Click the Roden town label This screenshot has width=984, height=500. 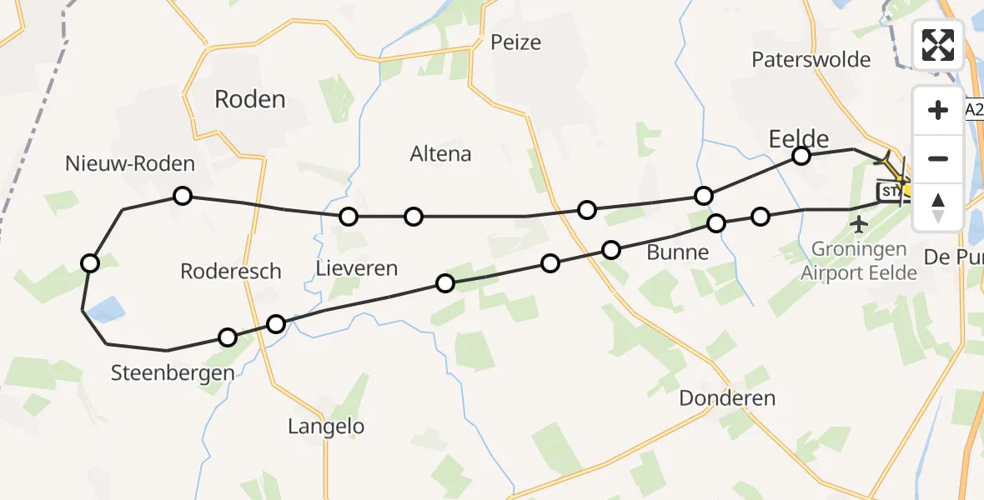point(249,100)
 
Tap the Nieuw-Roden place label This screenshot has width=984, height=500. point(130,163)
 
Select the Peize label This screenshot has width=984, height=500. point(515,42)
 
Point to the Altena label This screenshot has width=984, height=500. point(440,154)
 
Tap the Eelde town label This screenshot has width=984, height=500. point(798,137)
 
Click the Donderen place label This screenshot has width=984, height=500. point(727,398)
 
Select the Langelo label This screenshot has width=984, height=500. point(326,427)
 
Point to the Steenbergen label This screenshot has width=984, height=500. point(173,373)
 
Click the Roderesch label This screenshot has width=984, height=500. point(231,271)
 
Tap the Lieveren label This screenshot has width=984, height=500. point(357,268)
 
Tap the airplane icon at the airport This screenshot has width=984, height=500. point(858,223)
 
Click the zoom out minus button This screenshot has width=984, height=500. point(938,159)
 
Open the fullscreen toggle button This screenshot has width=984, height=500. point(938,45)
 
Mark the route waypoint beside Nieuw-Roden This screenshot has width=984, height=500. point(183,196)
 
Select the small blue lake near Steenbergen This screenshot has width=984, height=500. point(107,312)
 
